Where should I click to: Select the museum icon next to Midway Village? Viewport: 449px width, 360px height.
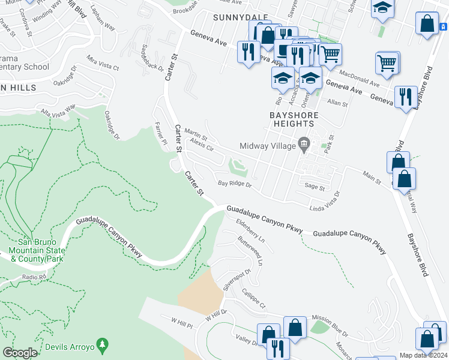coord(304,145)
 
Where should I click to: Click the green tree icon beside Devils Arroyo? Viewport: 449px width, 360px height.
coord(103,345)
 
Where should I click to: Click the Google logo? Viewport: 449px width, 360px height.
coord(20,352)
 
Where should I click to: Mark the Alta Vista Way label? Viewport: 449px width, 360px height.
coord(58,110)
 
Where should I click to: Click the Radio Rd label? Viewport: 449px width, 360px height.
coord(34,277)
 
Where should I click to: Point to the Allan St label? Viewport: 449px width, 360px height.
coord(337,103)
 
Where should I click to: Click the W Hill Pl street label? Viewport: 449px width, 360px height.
coord(181,323)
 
